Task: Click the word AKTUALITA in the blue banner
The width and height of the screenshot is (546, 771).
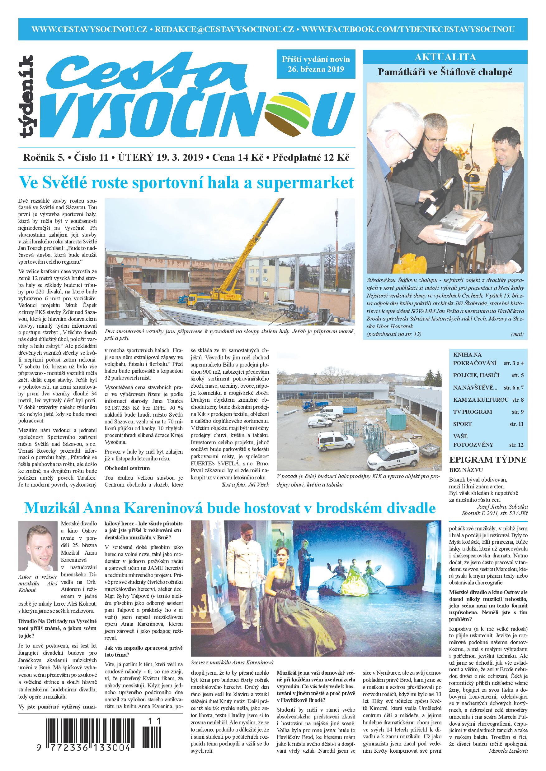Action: tap(445, 57)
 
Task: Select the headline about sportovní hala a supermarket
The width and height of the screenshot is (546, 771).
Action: tap(186, 183)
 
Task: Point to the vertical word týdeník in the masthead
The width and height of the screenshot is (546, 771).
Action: tap(26, 97)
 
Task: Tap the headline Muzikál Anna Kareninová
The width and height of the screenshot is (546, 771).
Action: tap(230, 508)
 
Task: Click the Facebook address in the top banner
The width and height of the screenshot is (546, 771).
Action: tap(408, 29)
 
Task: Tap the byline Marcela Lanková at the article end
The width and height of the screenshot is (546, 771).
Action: tap(508, 758)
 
